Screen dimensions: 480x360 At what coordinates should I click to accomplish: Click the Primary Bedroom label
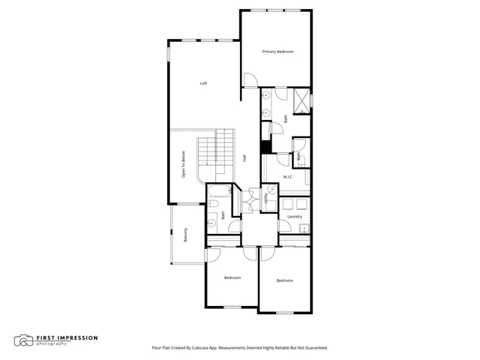point(277,52)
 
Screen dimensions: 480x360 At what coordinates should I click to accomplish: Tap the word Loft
point(203,83)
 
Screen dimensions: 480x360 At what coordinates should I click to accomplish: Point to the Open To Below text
point(183,164)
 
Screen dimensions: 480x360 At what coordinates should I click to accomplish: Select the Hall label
point(244,158)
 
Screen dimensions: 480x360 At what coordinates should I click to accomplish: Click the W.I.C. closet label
point(288,177)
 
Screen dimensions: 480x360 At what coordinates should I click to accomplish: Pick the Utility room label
point(265,198)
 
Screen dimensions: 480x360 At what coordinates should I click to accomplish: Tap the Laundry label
point(295,217)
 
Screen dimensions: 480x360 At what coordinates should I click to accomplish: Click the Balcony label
point(185,235)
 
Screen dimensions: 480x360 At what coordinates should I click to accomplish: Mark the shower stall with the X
point(301,101)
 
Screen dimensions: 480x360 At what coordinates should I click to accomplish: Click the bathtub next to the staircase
point(220,190)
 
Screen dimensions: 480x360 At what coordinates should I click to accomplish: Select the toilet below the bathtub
point(212,204)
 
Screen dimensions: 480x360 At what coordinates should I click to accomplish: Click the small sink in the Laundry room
point(304,228)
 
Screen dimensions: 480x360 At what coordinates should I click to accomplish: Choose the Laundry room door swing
point(285,226)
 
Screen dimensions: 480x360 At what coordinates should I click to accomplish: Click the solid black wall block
point(265,147)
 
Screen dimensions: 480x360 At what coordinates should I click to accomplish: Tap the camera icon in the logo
point(23,340)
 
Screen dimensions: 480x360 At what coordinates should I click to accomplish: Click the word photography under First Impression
point(52,343)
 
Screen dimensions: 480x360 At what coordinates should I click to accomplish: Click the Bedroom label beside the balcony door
point(232,277)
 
